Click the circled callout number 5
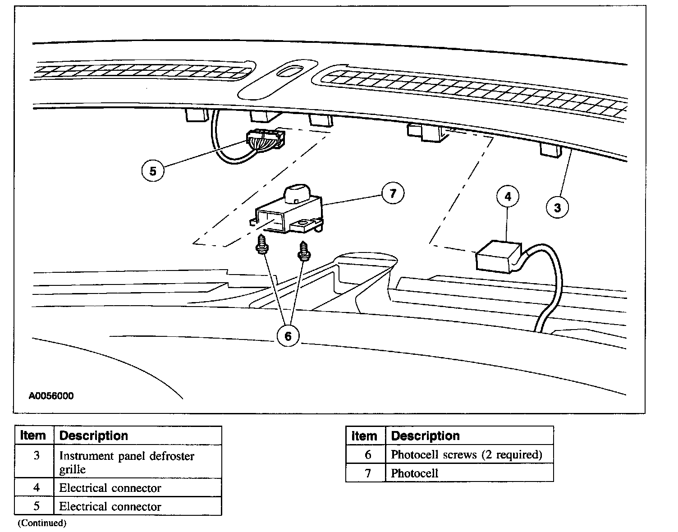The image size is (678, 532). coord(153,171)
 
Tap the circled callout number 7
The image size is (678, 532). coord(393,193)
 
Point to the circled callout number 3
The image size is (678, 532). coord(558,207)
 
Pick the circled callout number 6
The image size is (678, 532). coord(288,335)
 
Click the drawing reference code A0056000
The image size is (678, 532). coord(51,396)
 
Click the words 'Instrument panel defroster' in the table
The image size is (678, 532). coord(127,456)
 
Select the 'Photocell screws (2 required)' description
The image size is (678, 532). coord(466,454)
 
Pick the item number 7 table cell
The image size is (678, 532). coord(367,473)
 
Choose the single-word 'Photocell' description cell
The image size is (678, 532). coord(414,473)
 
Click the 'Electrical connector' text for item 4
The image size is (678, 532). coord(110,488)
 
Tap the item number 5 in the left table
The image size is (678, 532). coord(36,506)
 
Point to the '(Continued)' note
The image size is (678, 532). coord(42,523)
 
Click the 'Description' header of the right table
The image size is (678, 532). coord(425,436)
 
